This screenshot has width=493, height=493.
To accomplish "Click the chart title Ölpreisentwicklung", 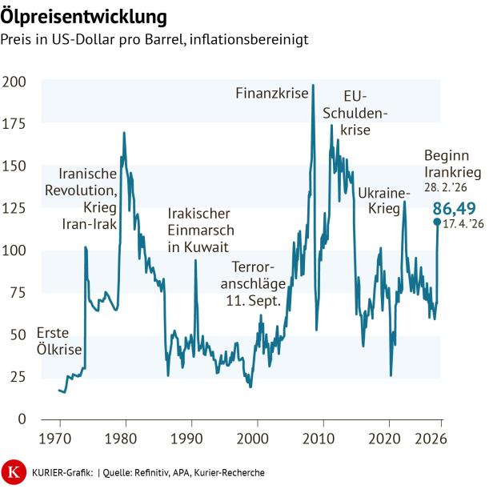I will (84, 16).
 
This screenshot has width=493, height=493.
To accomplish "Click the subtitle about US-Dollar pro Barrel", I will (154, 38).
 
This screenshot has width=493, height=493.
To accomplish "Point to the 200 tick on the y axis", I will (14, 82).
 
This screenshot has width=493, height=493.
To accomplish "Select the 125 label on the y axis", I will (14, 208).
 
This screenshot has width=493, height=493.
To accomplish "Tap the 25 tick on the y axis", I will (18, 376).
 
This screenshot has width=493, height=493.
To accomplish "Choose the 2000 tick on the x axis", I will (253, 439).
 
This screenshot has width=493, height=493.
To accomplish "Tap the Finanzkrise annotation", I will (271, 94).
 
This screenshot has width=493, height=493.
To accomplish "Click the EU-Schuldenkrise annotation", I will (354, 112).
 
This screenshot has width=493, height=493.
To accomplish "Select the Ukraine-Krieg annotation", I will (383, 201).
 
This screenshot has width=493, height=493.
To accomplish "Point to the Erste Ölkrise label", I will (59, 342).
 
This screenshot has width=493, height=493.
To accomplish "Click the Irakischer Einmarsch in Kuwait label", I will (199, 230).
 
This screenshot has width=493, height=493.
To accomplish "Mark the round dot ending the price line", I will (436, 222).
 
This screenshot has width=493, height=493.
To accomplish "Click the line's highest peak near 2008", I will (312, 85).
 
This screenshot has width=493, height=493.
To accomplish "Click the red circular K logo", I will (14, 472).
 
